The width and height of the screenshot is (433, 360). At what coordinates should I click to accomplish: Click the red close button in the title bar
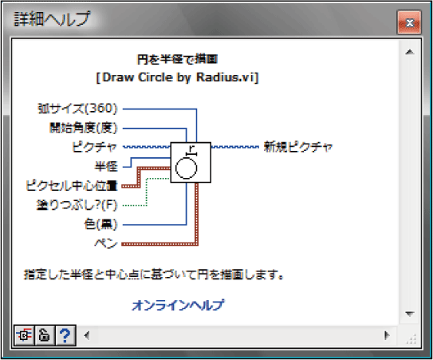[x=409, y=22]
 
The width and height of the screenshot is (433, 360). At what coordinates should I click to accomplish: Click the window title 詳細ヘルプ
[x=52, y=19]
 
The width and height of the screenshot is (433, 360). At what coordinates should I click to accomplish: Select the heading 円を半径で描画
[x=177, y=59]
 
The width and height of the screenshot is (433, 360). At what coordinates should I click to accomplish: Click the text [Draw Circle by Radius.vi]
[x=177, y=77]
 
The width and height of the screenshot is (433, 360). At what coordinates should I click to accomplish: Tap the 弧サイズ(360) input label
[x=77, y=109]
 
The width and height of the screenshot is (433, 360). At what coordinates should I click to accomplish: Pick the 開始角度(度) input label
[x=84, y=128]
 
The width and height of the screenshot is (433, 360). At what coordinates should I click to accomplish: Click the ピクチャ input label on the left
[x=94, y=147]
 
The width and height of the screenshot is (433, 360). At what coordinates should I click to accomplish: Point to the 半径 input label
[x=106, y=166]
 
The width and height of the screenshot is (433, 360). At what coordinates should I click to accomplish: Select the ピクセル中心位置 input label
[x=72, y=185]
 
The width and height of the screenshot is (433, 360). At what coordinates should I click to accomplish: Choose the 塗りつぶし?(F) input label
[x=77, y=205]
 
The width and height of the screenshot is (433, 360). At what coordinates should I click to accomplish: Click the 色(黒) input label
[x=100, y=224]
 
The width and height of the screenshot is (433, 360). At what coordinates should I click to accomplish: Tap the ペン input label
[x=106, y=243]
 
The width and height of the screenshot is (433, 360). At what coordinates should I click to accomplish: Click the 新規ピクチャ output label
[x=298, y=147]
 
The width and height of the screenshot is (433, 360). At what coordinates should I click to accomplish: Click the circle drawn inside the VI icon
[x=176, y=168]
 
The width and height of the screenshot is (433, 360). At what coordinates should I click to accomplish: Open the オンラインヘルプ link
[x=178, y=305]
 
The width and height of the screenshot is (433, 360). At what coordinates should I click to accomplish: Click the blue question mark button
[x=65, y=335]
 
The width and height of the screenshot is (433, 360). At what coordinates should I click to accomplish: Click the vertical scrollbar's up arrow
[x=410, y=52]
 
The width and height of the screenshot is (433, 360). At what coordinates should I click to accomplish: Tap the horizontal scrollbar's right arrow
[x=387, y=335]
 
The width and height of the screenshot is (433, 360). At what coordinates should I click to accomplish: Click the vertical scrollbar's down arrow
[x=410, y=314]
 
